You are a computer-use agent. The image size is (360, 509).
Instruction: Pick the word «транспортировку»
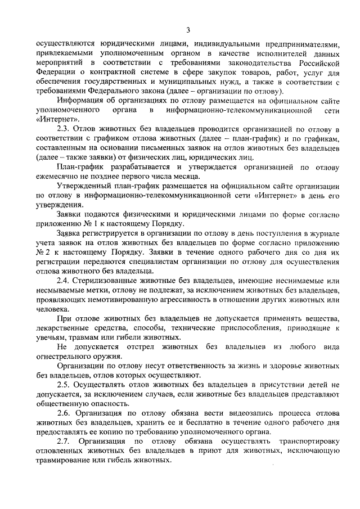coord(301,442)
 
